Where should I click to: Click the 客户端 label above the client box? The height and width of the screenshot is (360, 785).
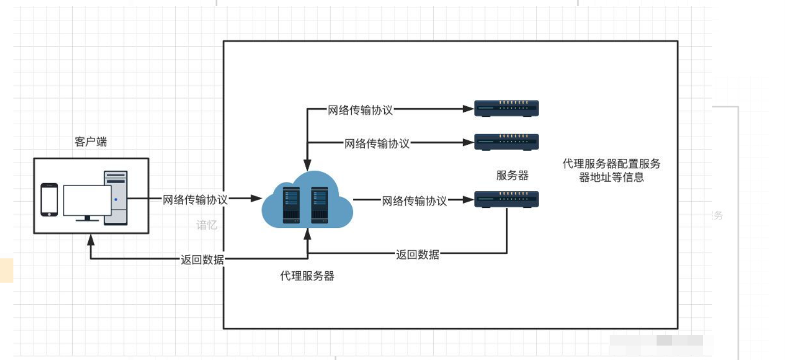[x=91, y=142]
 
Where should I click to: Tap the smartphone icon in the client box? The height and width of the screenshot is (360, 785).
[x=49, y=199]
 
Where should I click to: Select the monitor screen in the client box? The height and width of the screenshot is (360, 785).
[x=87, y=200]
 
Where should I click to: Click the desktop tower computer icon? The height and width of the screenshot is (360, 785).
[x=116, y=198]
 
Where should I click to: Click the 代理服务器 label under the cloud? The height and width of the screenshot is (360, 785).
[x=307, y=276]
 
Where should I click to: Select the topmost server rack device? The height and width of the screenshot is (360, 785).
[x=506, y=108]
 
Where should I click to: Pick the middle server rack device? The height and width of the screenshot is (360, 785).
[x=506, y=142]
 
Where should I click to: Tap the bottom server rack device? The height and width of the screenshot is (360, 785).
[x=506, y=199]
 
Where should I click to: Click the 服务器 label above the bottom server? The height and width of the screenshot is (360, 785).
[x=512, y=175]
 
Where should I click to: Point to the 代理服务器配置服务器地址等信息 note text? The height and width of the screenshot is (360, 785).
[x=611, y=171]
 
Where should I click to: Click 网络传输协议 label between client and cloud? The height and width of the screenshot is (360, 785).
[x=195, y=200]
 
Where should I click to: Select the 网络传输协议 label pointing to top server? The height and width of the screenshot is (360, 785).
[x=360, y=110]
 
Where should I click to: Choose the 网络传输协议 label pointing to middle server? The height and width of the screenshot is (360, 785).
[x=377, y=143]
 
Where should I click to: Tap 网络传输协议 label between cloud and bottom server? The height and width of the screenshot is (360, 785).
[x=414, y=201]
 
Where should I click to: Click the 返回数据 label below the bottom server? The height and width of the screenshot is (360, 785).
[x=418, y=254]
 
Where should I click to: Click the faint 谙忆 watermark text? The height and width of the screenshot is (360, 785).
[x=207, y=225]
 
